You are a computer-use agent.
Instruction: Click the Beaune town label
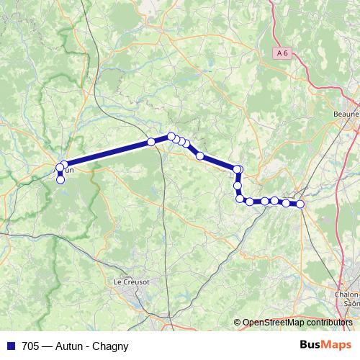[346, 114]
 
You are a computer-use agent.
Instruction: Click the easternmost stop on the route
[300, 204]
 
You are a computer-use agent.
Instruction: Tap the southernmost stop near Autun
[60, 180]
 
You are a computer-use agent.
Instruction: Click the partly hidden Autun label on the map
[68, 171]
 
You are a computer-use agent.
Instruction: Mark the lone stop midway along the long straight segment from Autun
[151, 142]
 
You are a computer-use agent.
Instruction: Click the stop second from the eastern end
[286, 203]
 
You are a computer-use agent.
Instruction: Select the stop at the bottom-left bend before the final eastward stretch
[240, 199]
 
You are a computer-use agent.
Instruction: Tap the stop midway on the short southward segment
[238, 186]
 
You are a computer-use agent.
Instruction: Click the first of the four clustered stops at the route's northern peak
[171, 136]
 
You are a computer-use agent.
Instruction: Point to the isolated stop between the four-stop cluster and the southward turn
[199, 155]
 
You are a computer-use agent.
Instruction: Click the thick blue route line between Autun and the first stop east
[108, 153]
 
